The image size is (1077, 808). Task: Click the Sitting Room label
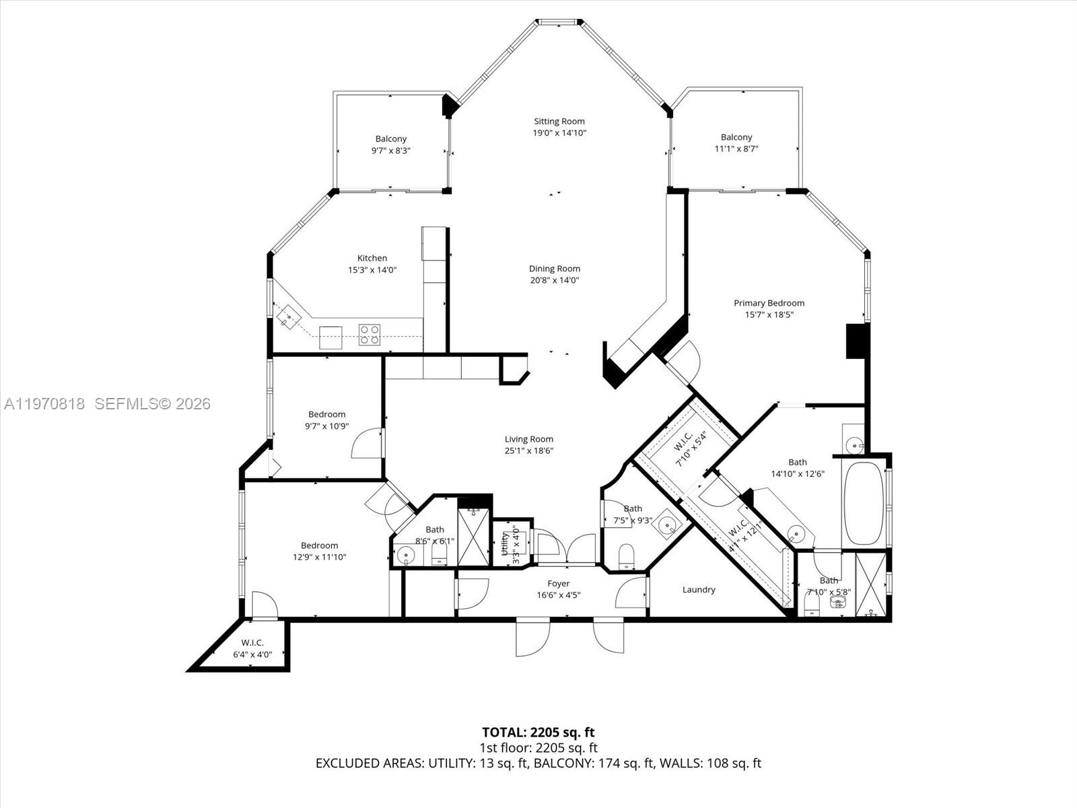pos(559,122)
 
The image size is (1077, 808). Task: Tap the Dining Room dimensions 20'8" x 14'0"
pos(555,280)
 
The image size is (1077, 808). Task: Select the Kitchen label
pos(372,258)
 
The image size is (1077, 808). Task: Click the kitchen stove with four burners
pos(369,334)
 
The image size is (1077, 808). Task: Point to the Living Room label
pos(529,439)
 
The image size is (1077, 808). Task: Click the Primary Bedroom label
pos(769,303)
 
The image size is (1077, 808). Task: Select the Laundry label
pos(699,590)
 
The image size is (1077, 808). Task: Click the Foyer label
pos(559,584)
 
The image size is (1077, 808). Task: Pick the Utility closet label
pos(506,543)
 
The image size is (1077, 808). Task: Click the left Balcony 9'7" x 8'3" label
pos(391,139)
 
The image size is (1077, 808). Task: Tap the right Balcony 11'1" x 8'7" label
pos(736,137)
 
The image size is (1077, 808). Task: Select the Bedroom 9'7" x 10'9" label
pos(327,414)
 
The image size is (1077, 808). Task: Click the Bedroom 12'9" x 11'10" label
pos(320,545)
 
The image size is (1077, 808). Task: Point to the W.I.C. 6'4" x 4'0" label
pos(252,642)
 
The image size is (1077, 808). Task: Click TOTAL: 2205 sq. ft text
pos(538,732)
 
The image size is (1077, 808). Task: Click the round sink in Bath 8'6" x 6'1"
pos(406,555)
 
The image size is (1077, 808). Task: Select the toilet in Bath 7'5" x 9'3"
pos(627,554)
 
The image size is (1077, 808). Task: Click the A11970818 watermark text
pos(44,404)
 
